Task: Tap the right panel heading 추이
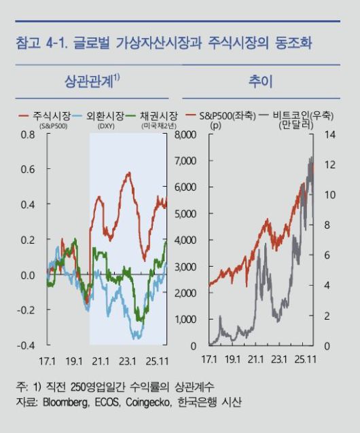coord(262,81)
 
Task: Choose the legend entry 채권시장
coord(158,116)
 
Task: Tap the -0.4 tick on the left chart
coord(26,345)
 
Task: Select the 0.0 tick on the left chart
coord(27,275)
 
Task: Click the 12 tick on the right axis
coord(331,165)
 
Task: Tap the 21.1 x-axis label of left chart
coord(101,359)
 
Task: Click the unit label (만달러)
coord(297,126)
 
